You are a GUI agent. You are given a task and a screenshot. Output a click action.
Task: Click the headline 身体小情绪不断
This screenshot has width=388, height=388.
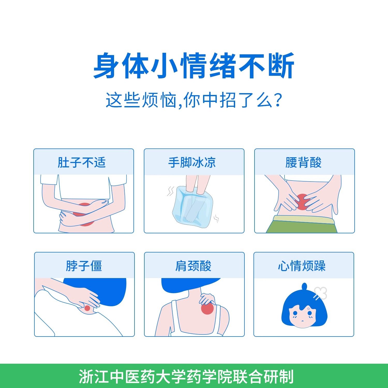point(194,66)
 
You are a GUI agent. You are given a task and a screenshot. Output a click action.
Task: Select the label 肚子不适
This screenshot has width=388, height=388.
point(81,162)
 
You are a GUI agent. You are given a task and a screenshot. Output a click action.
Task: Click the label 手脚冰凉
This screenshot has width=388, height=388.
point(192,162)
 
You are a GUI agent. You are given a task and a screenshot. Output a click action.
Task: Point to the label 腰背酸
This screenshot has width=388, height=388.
point(303,162)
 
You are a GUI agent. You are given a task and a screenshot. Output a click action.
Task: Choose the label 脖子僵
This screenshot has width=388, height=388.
point(84,266)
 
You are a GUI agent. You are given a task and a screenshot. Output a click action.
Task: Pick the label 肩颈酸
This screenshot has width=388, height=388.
point(193,266)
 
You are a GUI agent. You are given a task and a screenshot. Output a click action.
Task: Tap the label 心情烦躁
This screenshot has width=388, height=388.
point(302,266)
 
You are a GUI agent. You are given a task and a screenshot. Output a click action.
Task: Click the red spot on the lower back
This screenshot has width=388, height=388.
point(302,202)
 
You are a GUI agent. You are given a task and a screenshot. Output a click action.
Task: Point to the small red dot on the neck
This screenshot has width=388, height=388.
point(87,308)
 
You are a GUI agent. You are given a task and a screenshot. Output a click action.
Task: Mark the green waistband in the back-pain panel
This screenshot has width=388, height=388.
point(303,220)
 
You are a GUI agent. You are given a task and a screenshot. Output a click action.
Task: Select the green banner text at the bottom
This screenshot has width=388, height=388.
point(186,377)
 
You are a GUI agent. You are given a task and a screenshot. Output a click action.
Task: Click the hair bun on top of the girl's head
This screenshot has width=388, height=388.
point(304,287)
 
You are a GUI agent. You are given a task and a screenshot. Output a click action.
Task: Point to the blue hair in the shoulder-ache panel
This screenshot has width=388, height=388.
point(186,285)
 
